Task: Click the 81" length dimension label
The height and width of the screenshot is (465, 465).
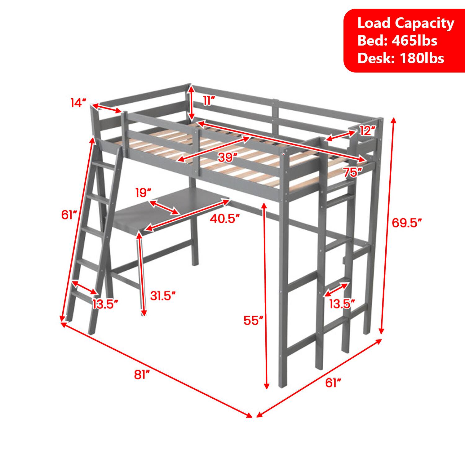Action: click(x=142, y=375)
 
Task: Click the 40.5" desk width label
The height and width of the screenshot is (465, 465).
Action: click(x=225, y=219)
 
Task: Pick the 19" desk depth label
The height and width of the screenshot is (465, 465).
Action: click(x=143, y=193)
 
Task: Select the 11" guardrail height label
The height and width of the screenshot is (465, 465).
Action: click(x=209, y=101)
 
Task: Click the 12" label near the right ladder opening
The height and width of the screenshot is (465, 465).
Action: click(x=368, y=131)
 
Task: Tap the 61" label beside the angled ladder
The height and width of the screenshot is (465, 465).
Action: click(x=69, y=215)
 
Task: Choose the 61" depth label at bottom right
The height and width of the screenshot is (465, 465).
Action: click(x=333, y=383)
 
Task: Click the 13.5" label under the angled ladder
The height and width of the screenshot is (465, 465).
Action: click(x=105, y=304)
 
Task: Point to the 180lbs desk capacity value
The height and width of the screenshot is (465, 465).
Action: click(x=422, y=58)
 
